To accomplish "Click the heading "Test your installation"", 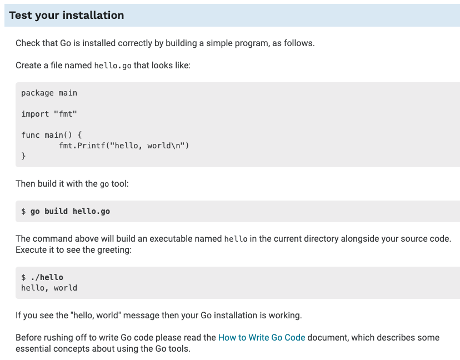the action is click(67, 15).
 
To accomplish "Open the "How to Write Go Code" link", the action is click(262, 337).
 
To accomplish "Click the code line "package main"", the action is click(49, 93).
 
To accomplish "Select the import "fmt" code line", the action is click(49, 114).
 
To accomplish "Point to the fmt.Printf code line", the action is click(124, 146).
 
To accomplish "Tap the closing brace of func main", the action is click(23, 156).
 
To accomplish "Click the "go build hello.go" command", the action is click(70, 211).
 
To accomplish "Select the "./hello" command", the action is click(47, 277).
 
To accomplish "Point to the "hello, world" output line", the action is click(49, 288).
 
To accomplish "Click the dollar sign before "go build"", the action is click(23, 211).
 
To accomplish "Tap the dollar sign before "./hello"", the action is click(23, 277).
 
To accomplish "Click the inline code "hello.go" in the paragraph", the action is click(113, 66).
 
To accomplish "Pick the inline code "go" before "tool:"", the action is click(104, 184).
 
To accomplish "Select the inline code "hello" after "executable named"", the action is click(236, 239).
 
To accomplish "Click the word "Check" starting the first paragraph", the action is click(28, 43).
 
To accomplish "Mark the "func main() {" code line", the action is click(52, 135).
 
